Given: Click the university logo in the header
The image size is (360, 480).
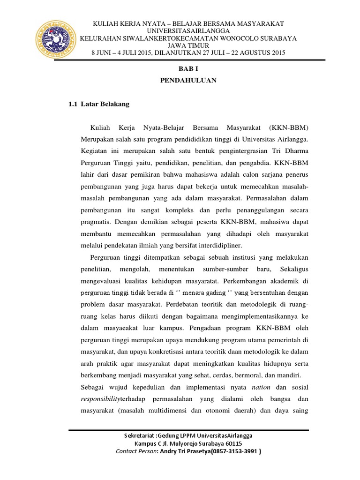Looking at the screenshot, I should [55, 38].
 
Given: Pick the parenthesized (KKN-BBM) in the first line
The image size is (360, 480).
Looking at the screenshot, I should [289, 128].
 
